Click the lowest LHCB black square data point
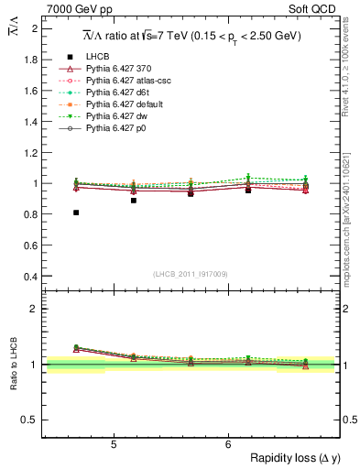(x=76, y=213)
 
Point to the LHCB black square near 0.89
(x=134, y=200)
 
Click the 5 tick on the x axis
(x=114, y=445)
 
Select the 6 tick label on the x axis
(x=228, y=445)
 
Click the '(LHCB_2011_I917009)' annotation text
(x=191, y=274)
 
